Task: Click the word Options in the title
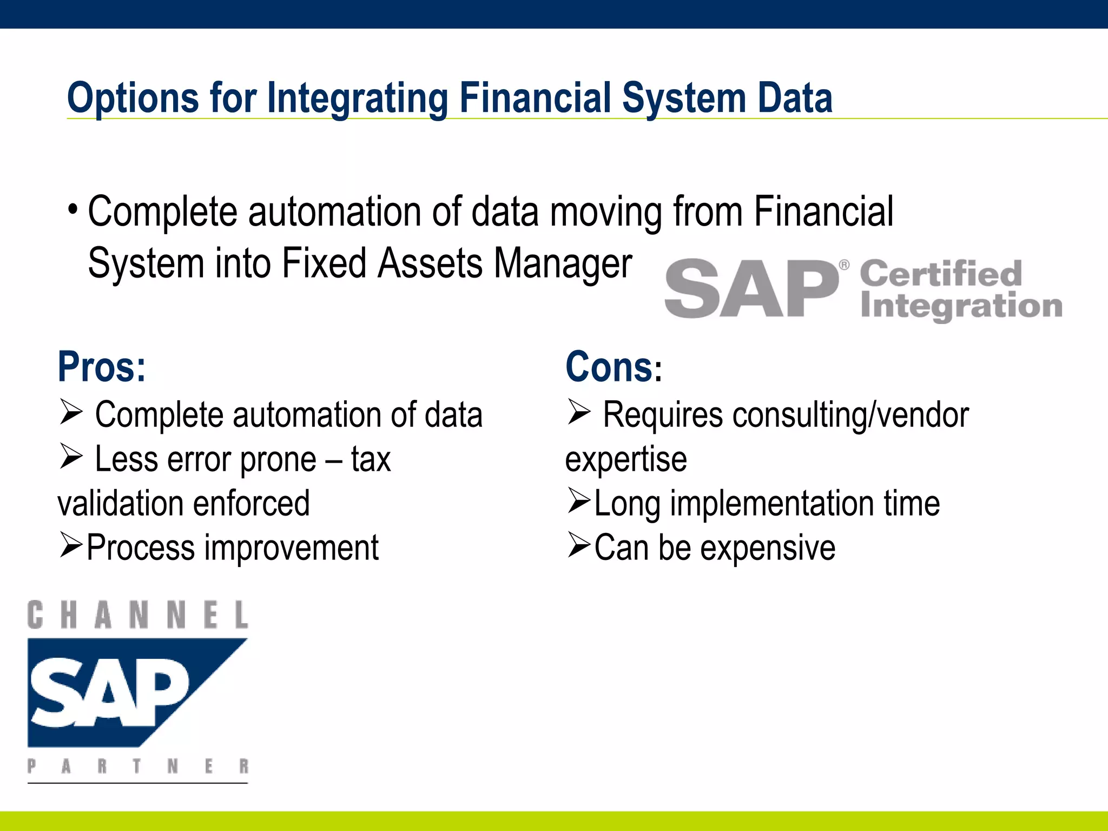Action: [133, 98]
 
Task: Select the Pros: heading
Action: [102, 367]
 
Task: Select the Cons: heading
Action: [613, 367]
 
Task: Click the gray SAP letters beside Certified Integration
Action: [751, 288]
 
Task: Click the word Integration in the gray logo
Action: [961, 306]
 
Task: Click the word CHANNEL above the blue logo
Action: [137, 615]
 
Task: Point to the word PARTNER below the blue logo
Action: [137, 766]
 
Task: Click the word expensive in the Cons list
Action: [768, 548]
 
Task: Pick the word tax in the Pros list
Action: [371, 459]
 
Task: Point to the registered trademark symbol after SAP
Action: [844, 265]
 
